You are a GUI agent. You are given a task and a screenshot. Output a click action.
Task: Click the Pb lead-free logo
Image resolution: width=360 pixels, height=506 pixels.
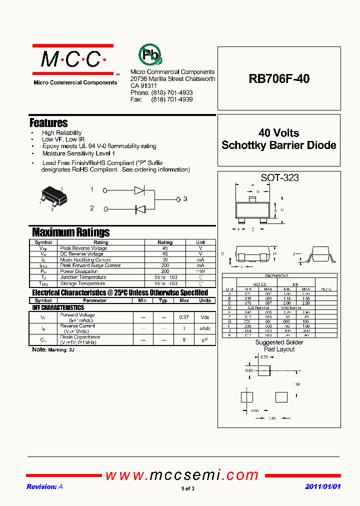[150, 55]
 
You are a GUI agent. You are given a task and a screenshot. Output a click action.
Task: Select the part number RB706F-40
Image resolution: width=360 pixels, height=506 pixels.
[279, 78]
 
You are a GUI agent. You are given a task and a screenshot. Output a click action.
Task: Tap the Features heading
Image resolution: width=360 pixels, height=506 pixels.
[48, 122]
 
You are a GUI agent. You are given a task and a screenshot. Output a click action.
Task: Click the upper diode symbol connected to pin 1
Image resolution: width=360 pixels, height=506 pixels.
[139, 190]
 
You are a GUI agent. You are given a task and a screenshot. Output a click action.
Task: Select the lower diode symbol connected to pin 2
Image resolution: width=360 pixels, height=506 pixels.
[139, 208]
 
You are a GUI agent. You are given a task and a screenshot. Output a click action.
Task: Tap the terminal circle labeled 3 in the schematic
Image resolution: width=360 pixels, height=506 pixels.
[178, 199]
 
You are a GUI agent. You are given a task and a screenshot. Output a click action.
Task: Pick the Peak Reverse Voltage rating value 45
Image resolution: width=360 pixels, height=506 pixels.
[165, 248]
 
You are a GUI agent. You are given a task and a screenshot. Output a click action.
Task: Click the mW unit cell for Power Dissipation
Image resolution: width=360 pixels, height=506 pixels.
[200, 271]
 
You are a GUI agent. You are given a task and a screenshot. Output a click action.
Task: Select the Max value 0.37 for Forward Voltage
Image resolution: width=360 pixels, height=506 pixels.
[184, 317]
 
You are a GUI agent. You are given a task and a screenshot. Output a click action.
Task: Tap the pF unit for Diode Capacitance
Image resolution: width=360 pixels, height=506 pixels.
[205, 339]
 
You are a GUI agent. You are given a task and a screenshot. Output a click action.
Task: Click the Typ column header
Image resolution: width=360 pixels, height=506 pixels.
[163, 300]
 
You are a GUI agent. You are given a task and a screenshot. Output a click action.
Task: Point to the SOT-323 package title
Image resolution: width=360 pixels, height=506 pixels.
[279, 177]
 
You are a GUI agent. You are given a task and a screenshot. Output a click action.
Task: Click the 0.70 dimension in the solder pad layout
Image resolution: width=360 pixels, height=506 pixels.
[264, 357]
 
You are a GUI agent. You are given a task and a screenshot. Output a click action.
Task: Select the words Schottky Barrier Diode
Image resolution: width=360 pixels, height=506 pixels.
[279, 145]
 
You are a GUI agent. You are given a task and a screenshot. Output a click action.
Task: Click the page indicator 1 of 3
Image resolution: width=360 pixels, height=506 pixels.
[187, 488]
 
